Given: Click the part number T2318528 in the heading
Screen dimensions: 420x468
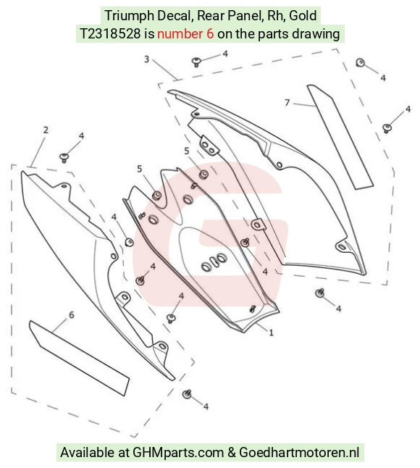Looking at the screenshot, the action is (x=110, y=34).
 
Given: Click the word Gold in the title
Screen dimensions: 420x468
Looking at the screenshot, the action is (x=303, y=15).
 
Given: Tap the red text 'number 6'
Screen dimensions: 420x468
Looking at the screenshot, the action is (x=185, y=34).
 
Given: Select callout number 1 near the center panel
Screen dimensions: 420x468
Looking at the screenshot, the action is (x=271, y=333).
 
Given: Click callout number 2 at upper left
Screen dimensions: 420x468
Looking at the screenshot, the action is (x=46, y=130).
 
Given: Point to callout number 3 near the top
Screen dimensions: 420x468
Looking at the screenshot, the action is (x=146, y=59).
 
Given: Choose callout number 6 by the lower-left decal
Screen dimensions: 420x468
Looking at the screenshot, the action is (x=71, y=315).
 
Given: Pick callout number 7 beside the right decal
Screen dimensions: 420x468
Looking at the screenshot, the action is (x=287, y=103).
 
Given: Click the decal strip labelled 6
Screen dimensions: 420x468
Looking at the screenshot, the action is (x=80, y=358).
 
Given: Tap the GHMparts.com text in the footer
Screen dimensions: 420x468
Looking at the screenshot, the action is (x=178, y=452).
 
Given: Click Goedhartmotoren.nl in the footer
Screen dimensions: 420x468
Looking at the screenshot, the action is (x=299, y=452).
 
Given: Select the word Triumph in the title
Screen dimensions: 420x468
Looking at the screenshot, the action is (x=129, y=15).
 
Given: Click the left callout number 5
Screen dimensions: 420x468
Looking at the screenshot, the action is (x=139, y=169).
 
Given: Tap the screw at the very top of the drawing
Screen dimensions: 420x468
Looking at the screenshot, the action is (x=196, y=62).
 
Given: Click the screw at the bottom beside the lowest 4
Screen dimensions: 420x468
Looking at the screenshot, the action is (x=187, y=394).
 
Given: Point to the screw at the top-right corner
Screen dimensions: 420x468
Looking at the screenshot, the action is (x=361, y=63).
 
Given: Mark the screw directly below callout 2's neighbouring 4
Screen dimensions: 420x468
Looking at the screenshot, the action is (x=64, y=157).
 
